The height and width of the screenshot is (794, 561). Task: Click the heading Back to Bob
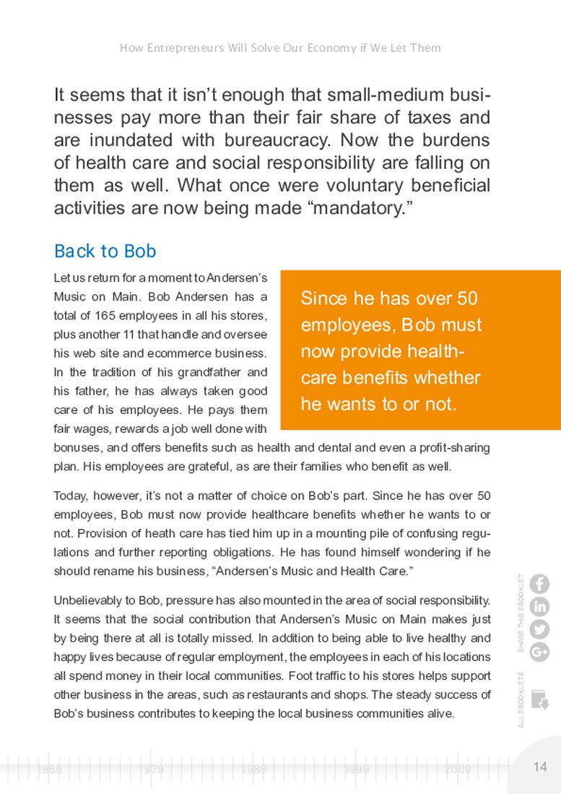[105, 251]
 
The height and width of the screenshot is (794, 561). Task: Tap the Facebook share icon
[539, 584]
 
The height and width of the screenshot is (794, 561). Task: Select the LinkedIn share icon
[539, 607]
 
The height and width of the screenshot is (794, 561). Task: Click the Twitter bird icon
[539, 629]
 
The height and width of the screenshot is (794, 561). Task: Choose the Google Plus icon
[539, 652]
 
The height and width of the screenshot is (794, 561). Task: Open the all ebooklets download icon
[539, 699]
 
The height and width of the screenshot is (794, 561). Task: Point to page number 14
[540, 767]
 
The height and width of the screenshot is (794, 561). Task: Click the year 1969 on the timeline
[49, 770]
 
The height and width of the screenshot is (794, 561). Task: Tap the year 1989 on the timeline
[254, 770]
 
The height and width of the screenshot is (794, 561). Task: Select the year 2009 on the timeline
[458, 770]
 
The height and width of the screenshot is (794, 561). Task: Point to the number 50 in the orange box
[464, 298]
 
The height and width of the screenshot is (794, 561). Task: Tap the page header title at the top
[280, 48]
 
